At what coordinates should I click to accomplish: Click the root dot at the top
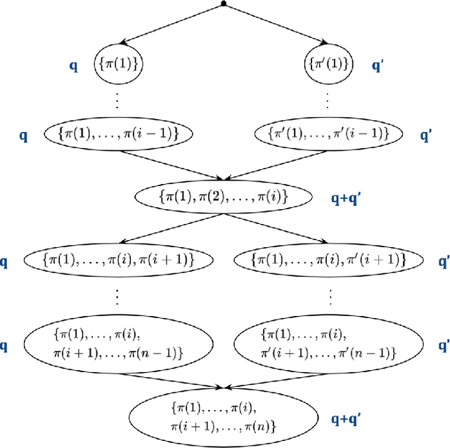[x=224, y=4]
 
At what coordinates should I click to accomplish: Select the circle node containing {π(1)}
[x=118, y=65]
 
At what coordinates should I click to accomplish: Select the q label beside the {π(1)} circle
[x=73, y=65]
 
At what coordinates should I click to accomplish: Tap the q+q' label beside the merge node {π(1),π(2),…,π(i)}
[x=346, y=199]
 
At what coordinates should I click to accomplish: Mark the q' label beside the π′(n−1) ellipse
[x=444, y=345]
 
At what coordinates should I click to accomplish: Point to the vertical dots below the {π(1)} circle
[x=117, y=100]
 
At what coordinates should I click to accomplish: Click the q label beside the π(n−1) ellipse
[x=4, y=345]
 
